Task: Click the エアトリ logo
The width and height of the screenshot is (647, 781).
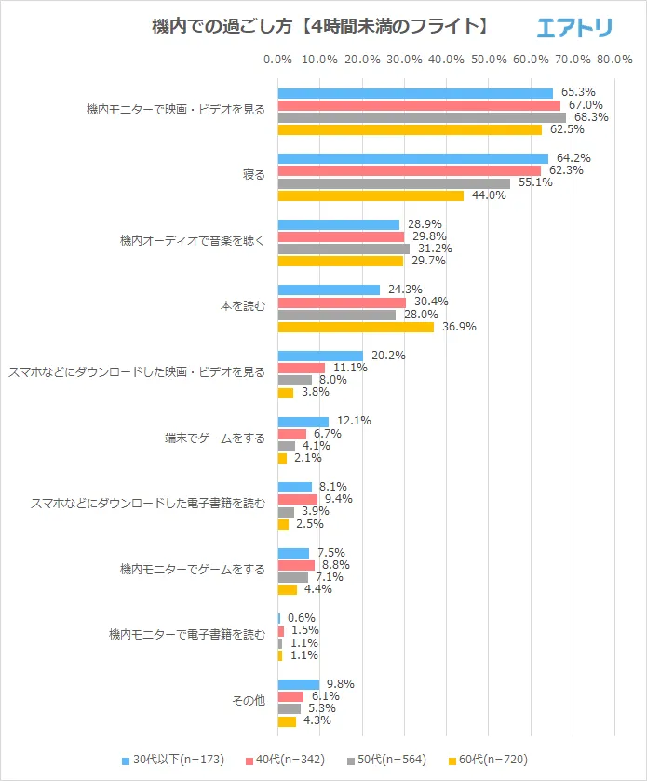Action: pos(574,29)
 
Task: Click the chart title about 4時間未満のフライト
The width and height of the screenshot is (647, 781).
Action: pos(321,27)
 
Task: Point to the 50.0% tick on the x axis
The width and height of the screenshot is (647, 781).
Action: pos(489,60)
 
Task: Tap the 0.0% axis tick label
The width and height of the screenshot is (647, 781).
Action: pos(278,60)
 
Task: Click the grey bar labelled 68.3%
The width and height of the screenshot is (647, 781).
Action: pos(422,117)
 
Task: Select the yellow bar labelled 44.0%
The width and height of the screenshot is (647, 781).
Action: pos(371,195)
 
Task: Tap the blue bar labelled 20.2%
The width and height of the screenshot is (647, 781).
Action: pos(320,356)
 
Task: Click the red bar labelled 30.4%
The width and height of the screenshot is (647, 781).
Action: pos(342,303)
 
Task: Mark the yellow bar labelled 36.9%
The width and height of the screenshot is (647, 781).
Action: pos(356,327)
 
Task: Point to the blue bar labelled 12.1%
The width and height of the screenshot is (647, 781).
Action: pos(303,421)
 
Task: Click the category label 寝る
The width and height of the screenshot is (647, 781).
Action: pos(253,175)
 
